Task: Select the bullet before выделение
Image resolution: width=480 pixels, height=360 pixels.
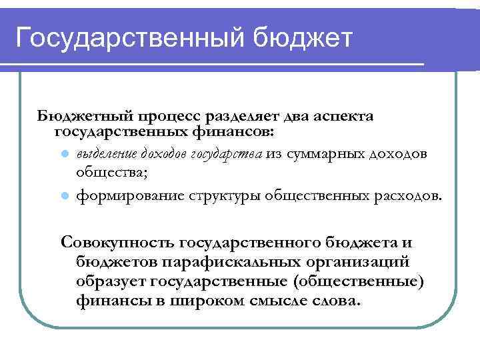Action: [x=65, y=154]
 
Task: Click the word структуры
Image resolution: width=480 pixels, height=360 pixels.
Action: [x=227, y=196]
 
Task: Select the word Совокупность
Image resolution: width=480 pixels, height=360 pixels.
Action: [x=117, y=241]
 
